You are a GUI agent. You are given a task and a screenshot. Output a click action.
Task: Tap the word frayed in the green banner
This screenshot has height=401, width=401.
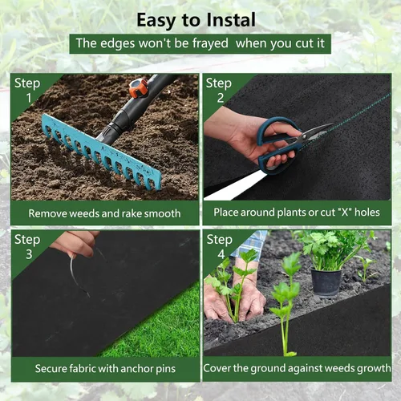click(x=210, y=43)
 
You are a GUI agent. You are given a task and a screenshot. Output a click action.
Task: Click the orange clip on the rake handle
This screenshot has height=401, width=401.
click(x=138, y=87)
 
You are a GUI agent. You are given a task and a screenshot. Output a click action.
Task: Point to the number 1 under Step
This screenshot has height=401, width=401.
click(x=29, y=98)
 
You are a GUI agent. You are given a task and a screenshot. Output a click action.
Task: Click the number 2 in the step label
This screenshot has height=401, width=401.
click(x=221, y=98)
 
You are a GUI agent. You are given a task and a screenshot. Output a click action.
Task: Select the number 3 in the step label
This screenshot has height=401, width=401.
click(x=29, y=254)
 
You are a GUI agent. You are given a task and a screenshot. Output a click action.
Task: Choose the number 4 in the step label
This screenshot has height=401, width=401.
click(x=221, y=254)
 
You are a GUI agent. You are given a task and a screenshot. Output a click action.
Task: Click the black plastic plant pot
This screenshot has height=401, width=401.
click(x=326, y=283)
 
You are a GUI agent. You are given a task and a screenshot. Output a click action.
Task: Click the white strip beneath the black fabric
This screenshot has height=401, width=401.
click(x=235, y=185)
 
